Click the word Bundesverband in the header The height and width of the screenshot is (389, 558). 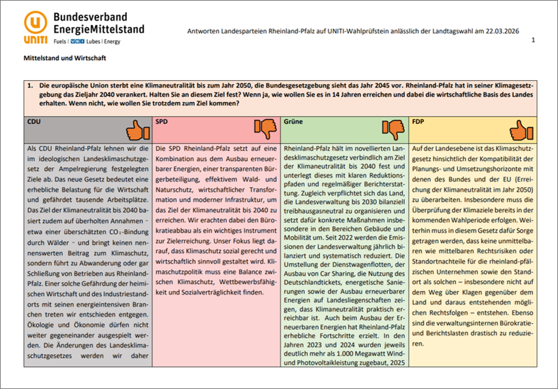coord(90,17)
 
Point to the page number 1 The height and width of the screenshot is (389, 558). coord(533,40)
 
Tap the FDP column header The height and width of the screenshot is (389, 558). coord(419,121)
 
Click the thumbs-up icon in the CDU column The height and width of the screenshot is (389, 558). coord(137,131)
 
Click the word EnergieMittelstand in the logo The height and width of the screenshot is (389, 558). coord(99,29)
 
